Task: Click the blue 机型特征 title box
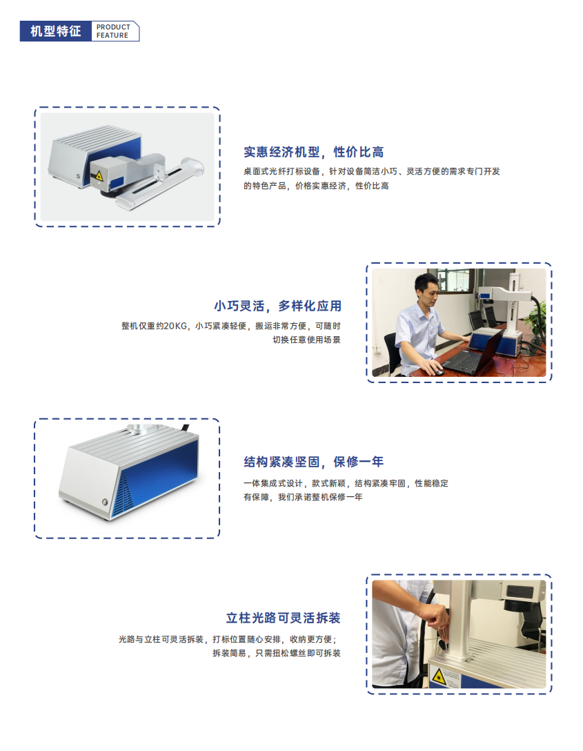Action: [x=55, y=32]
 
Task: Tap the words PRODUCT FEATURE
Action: [x=112, y=32]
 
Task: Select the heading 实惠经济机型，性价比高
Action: [x=313, y=152]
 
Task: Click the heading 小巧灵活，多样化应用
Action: [x=277, y=306]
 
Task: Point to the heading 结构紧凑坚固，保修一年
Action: [x=313, y=462]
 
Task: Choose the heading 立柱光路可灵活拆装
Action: [x=284, y=618]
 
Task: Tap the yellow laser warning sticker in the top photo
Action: [x=101, y=175]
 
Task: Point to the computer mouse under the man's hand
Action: [x=437, y=371]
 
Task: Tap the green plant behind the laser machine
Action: [x=537, y=317]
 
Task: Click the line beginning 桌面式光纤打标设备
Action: [x=372, y=171]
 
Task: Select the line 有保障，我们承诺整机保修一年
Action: [x=303, y=497]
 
